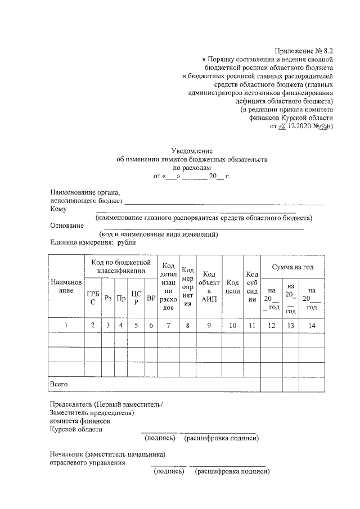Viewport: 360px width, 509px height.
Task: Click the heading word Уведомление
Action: (192, 151)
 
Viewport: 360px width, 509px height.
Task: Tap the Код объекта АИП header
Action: (209, 286)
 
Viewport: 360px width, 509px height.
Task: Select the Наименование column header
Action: (66, 286)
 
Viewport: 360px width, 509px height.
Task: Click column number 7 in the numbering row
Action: (168, 325)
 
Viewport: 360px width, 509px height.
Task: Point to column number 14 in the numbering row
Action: (312, 325)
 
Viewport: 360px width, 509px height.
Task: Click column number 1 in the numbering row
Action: (66, 325)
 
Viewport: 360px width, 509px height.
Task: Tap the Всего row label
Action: (59, 384)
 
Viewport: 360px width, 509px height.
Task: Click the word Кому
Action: (58, 209)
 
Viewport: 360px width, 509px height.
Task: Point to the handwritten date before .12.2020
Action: (282, 127)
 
